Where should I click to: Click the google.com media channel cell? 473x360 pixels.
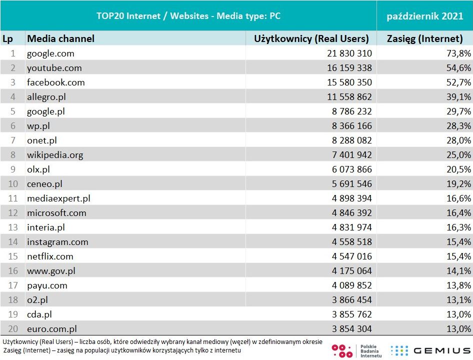50,53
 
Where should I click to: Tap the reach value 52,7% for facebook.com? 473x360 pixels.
458,82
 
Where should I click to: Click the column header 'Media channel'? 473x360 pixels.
60,38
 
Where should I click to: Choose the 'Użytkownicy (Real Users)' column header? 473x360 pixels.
311,38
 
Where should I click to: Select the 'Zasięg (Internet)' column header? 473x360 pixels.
425,38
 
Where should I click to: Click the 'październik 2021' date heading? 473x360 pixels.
425,16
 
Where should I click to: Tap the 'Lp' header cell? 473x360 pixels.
7,38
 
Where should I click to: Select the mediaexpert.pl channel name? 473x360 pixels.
58,198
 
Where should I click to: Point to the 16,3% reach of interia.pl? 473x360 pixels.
458,227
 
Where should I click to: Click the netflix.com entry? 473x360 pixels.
50,256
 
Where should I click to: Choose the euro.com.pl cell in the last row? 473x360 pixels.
52,329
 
